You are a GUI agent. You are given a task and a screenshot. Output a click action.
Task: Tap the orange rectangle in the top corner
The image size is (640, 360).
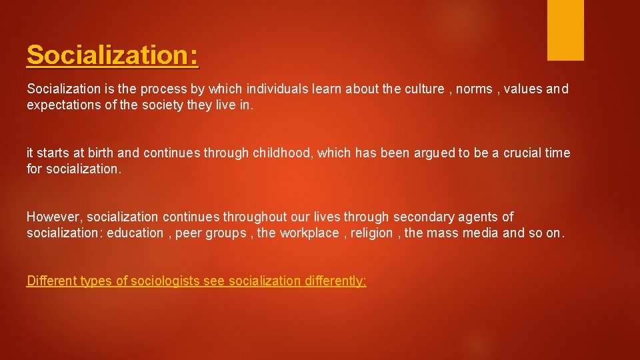pos(565,29)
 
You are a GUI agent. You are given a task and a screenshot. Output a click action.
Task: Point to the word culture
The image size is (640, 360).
pos(419,89)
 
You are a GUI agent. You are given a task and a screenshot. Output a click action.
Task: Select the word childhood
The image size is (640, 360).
pos(283,153)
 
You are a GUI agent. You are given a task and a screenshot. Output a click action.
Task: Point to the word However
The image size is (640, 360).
pos(55,217)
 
